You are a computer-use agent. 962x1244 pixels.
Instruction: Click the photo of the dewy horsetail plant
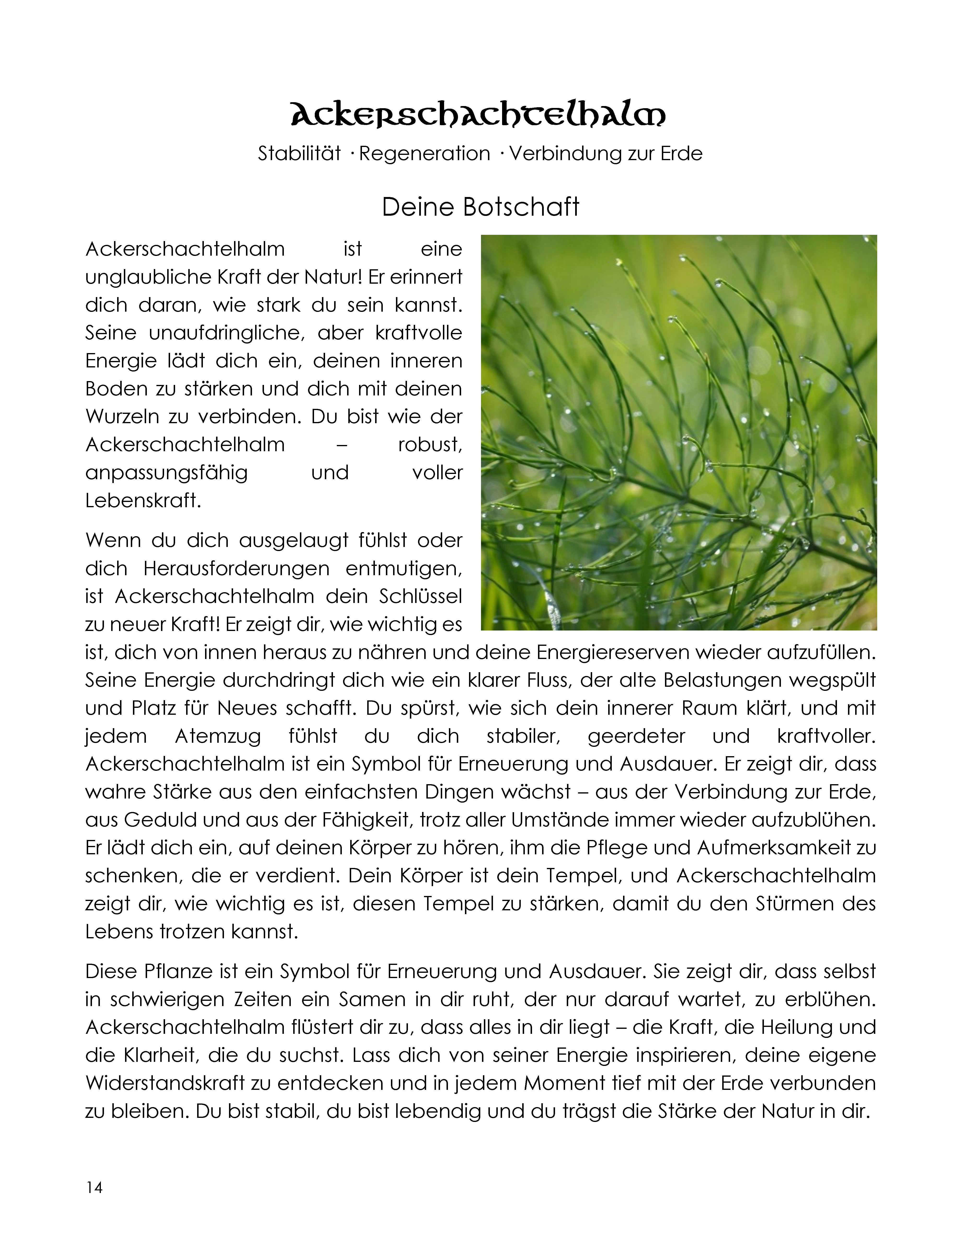click(679, 432)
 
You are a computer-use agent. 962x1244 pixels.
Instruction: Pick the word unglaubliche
click(148, 277)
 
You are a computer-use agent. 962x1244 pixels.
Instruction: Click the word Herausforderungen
click(236, 569)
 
